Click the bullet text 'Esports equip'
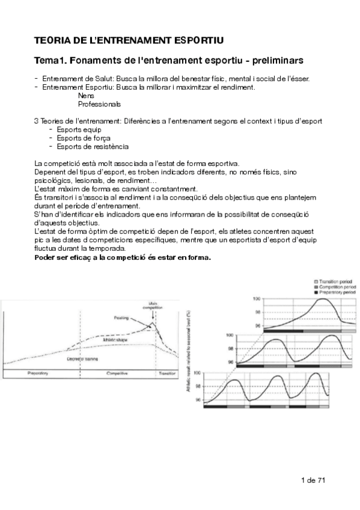click(x=79, y=129)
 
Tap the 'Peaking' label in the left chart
click(x=121, y=317)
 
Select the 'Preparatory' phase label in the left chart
click(x=38, y=373)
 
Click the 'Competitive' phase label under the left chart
click(x=117, y=373)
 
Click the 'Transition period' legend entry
click(x=337, y=281)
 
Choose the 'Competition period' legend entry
click(x=337, y=287)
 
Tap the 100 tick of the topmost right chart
click(x=257, y=298)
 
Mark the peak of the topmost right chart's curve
click(x=323, y=299)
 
